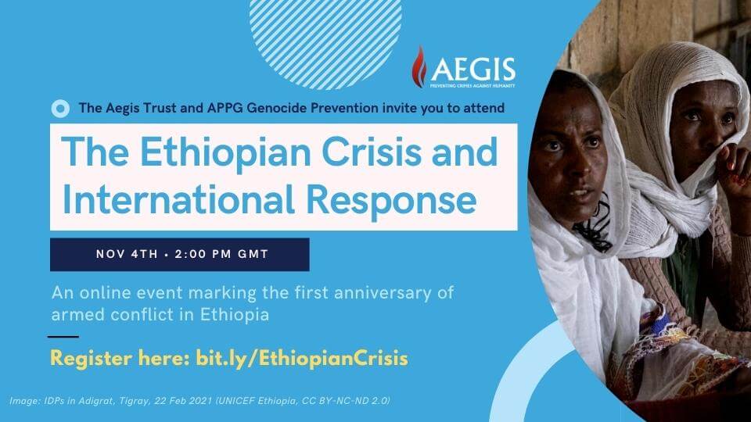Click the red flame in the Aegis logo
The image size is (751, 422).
[419, 67]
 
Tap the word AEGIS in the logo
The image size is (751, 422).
[473, 70]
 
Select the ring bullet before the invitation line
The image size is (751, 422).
[60, 109]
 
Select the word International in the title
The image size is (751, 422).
[178, 199]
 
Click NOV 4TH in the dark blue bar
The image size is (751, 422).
[127, 254]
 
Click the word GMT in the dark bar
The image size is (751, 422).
[253, 254]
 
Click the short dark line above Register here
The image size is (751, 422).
[63, 336]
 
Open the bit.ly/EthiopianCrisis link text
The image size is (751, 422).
[302, 359]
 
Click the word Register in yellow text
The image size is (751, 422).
[92, 359]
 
